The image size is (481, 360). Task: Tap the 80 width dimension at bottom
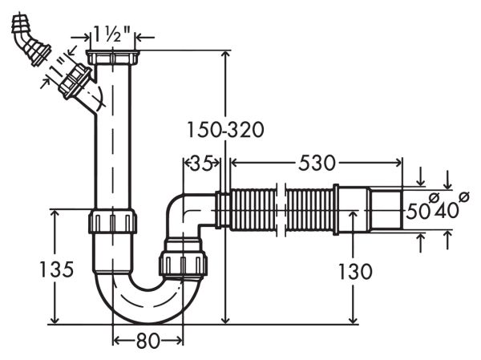click(148, 340)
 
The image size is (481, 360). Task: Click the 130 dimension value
click(354, 271)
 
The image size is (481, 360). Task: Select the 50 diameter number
click(417, 212)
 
